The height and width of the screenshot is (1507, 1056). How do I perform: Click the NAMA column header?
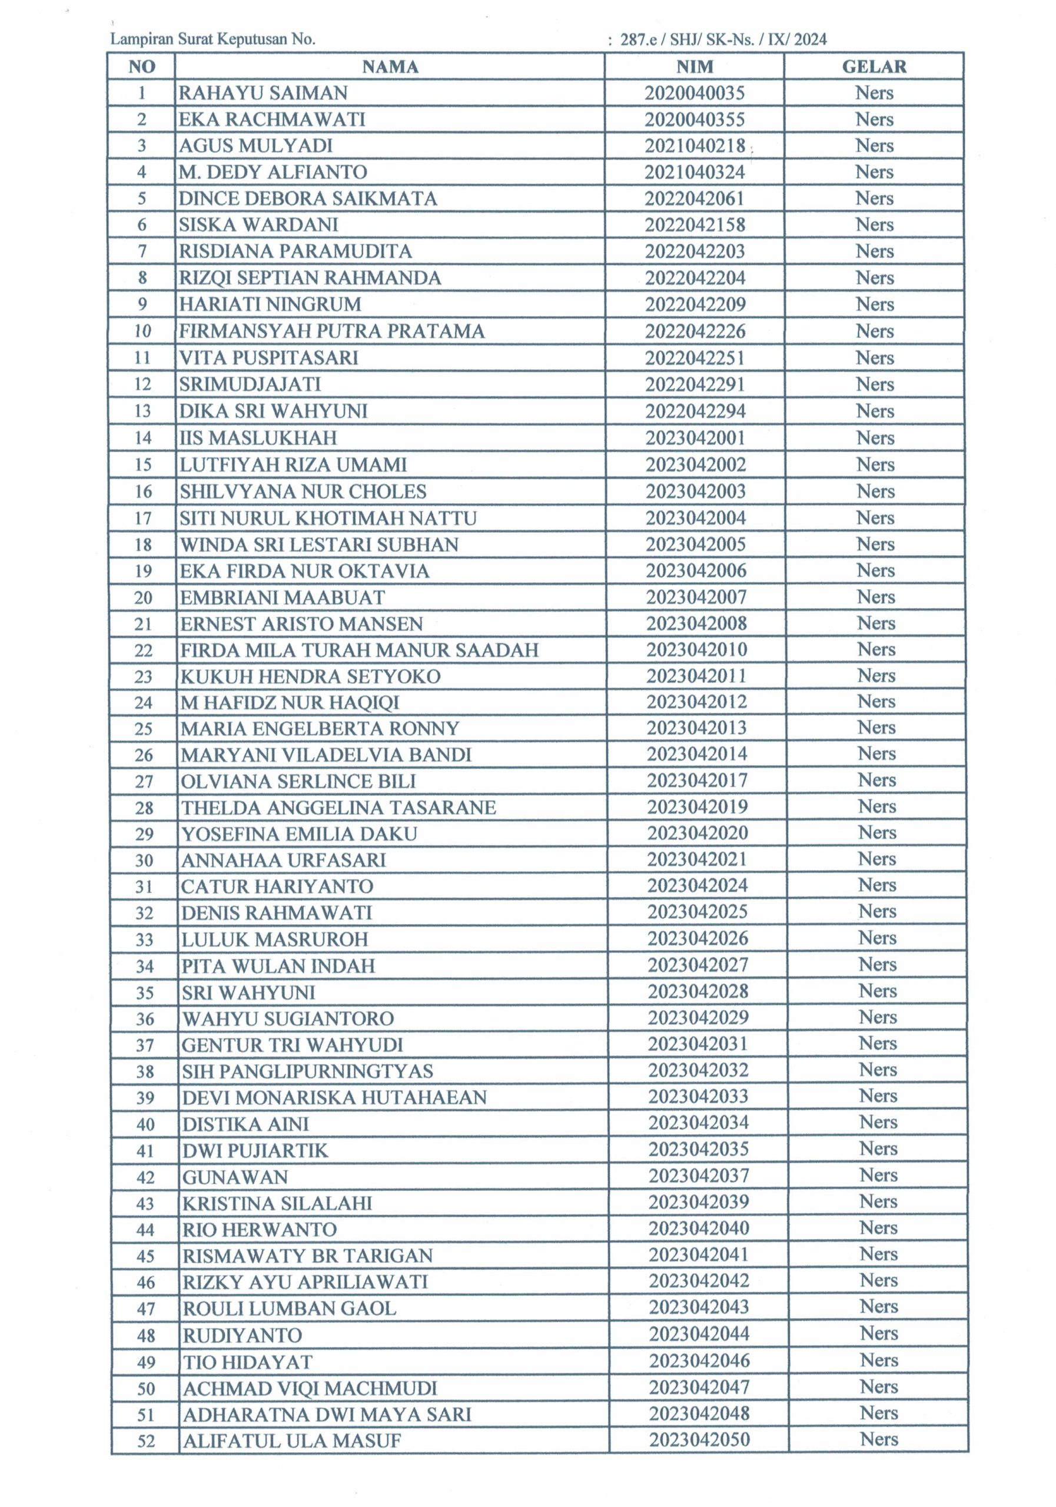[390, 67]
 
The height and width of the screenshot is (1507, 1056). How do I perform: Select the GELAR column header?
[874, 67]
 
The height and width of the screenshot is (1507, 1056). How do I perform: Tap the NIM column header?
[695, 67]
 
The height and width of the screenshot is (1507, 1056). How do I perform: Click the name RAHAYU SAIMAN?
[263, 93]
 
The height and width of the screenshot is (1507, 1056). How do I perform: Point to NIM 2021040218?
[695, 146]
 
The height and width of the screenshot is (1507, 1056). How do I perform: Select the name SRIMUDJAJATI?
[250, 384]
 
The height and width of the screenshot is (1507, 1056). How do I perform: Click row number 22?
[143, 650]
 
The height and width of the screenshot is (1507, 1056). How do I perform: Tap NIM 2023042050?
[699, 1439]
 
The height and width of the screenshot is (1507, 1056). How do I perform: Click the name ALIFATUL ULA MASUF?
[291, 1440]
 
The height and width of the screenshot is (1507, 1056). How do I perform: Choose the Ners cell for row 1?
[874, 93]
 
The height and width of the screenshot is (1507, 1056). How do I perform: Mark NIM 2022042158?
[695, 225]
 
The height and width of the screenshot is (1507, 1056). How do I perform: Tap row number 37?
[144, 1045]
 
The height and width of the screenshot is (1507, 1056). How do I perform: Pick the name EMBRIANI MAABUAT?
[282, 598]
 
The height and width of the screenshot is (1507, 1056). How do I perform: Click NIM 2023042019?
[697, 806]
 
